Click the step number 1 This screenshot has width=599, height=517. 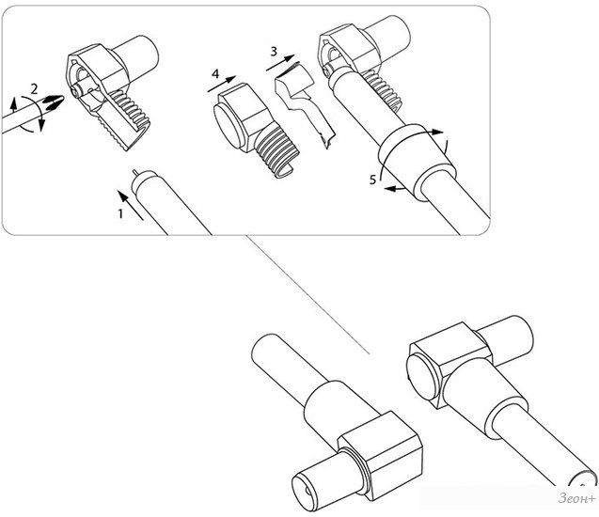tap(120, 213)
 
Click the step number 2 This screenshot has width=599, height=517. tap(35, 89)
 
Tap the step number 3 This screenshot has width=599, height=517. tap(274, 51)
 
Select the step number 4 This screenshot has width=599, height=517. tap(215, 73)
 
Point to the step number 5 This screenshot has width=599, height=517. tap(372, 180)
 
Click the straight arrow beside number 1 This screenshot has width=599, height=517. tap(131, 206)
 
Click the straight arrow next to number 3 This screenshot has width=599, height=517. tap(281, 63)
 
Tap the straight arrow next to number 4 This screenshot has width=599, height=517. tap(222, 84)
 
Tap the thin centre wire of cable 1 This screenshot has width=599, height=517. tap(135, 173)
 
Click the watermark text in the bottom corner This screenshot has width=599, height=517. tap(576, 498)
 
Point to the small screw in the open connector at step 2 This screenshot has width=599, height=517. tap(76, 91)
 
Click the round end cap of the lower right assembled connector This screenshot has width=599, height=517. tap(422, 376)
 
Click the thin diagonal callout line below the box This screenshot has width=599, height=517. tap(307, 295)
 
